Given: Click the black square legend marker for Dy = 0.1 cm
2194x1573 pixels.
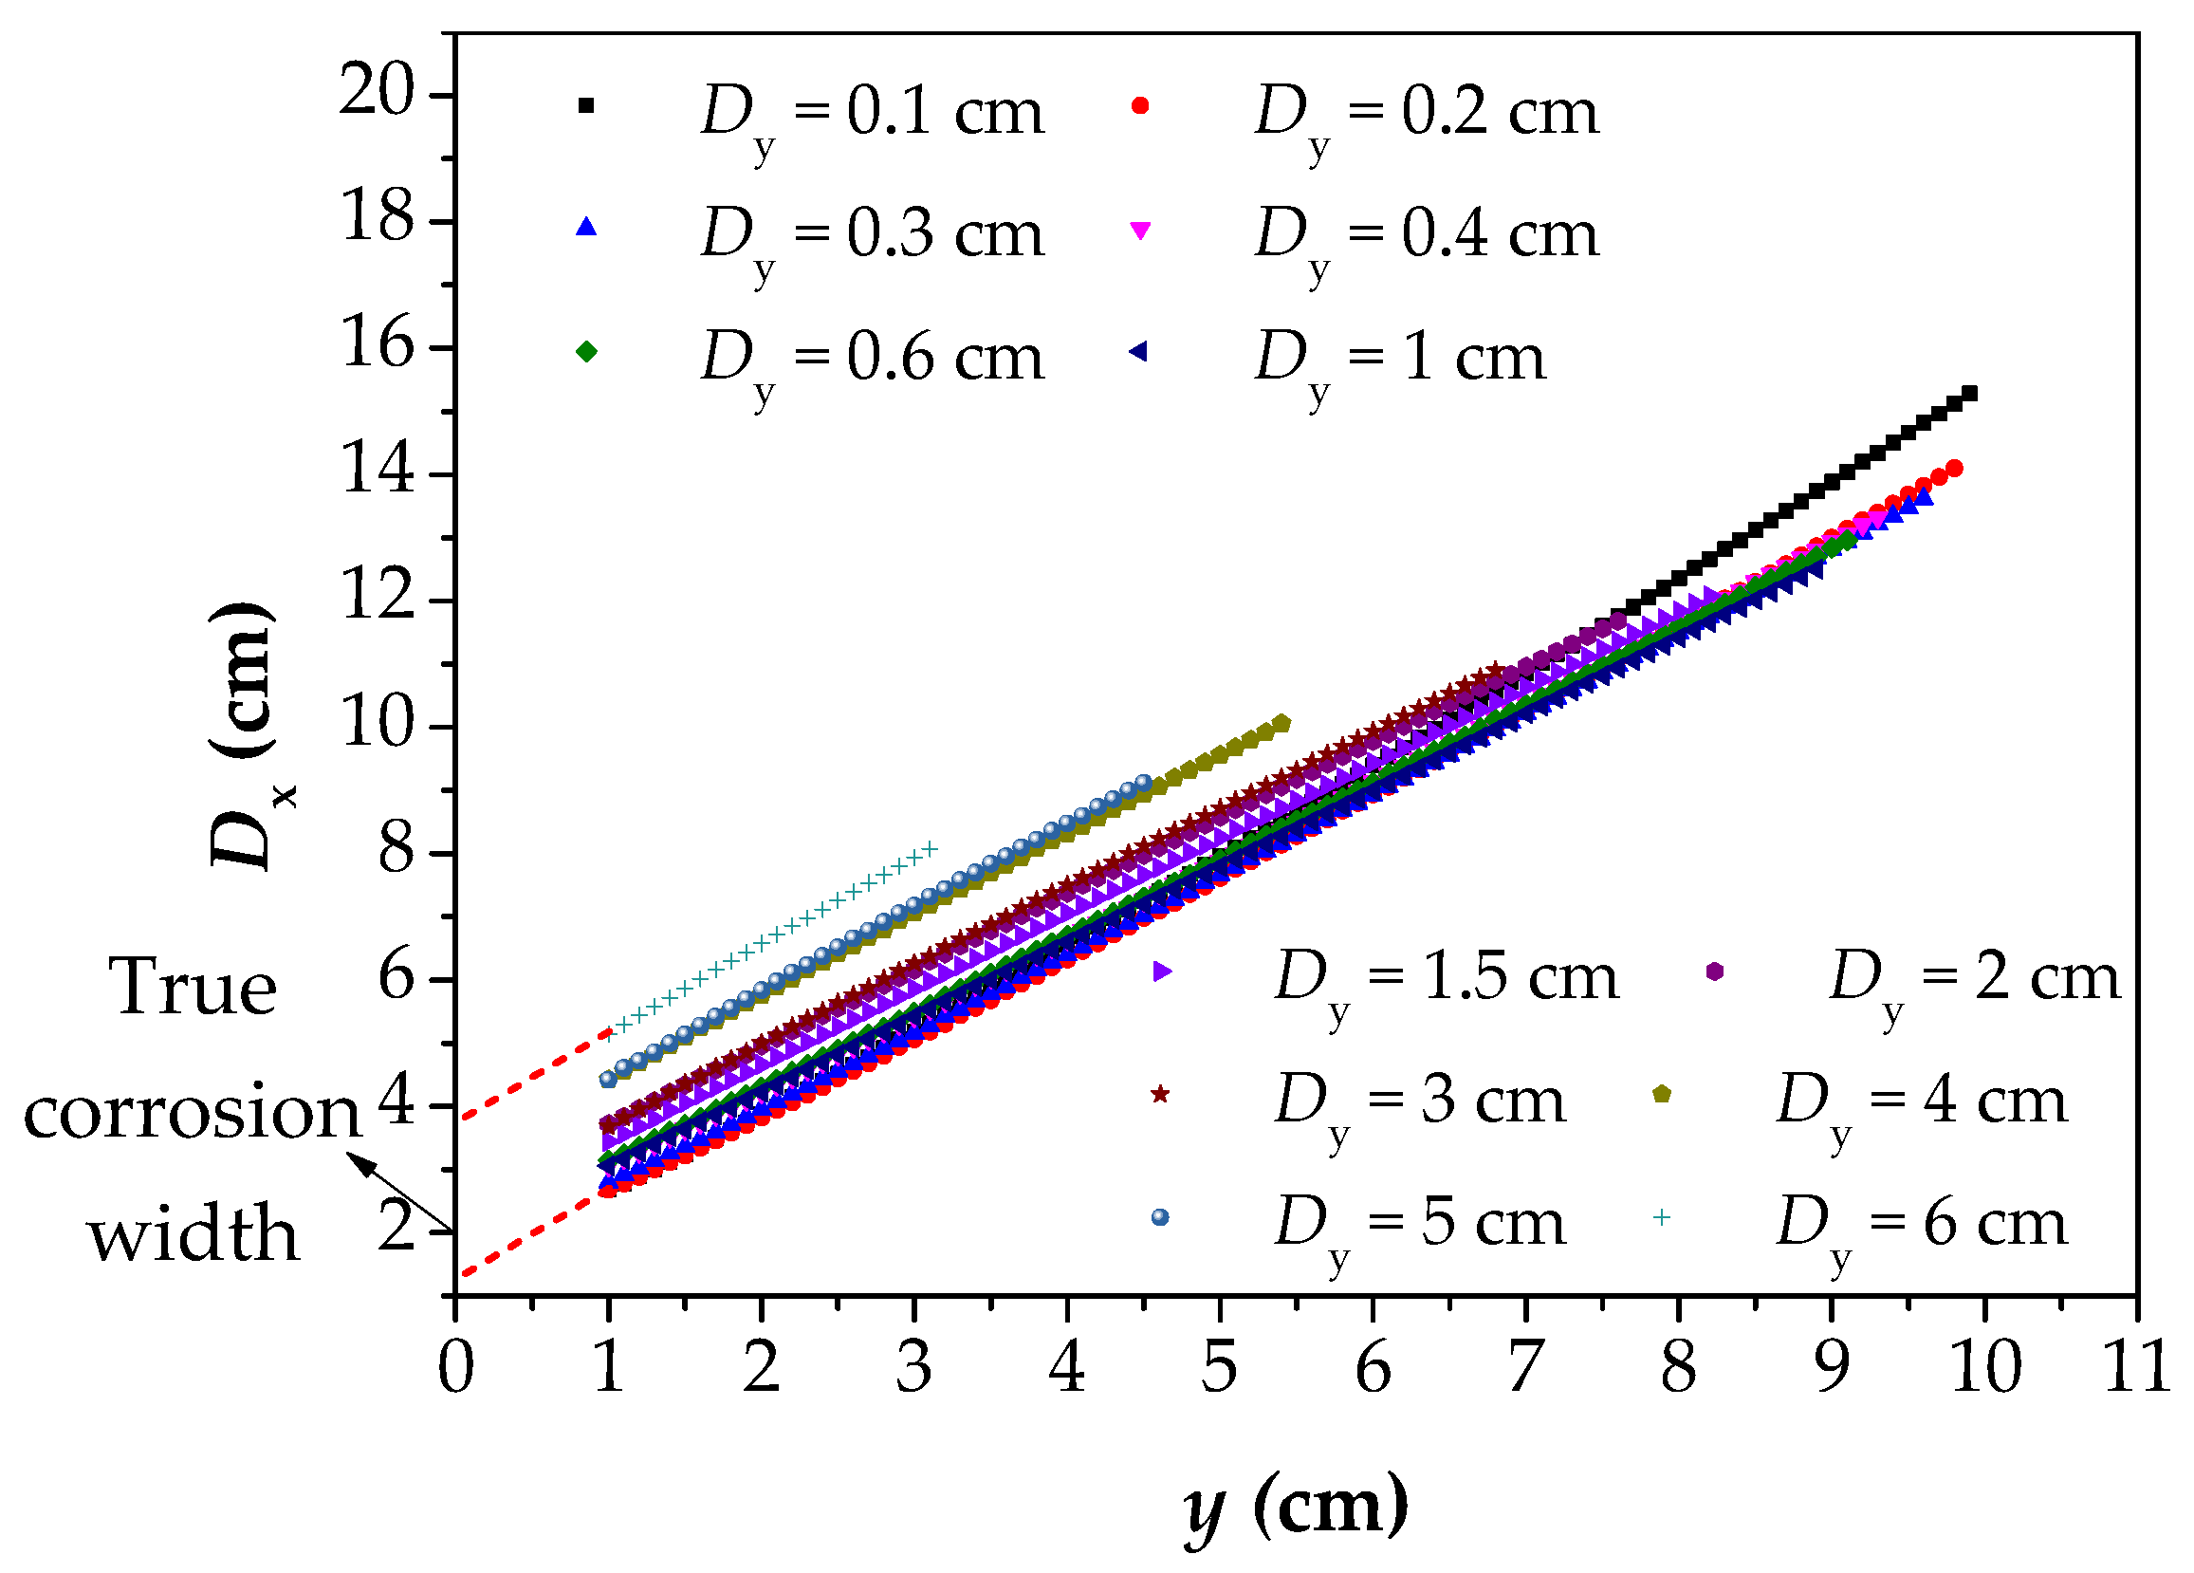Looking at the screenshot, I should [586, 105].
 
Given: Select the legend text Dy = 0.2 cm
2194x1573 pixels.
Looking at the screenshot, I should [1427, 114].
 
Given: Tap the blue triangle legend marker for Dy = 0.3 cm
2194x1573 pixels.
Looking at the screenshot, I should [586, 228].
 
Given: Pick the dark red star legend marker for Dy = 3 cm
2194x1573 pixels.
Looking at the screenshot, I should [1160, 1094].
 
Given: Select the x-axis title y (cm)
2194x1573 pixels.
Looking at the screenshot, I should [1297, 1507].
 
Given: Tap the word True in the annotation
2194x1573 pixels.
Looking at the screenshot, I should [194, 989].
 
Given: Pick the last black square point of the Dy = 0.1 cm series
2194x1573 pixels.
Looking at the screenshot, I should [1968, 394].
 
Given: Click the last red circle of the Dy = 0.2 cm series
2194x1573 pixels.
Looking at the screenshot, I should [1954, 469].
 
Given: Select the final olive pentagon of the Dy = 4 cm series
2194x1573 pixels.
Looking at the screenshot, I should [1282, 724].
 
